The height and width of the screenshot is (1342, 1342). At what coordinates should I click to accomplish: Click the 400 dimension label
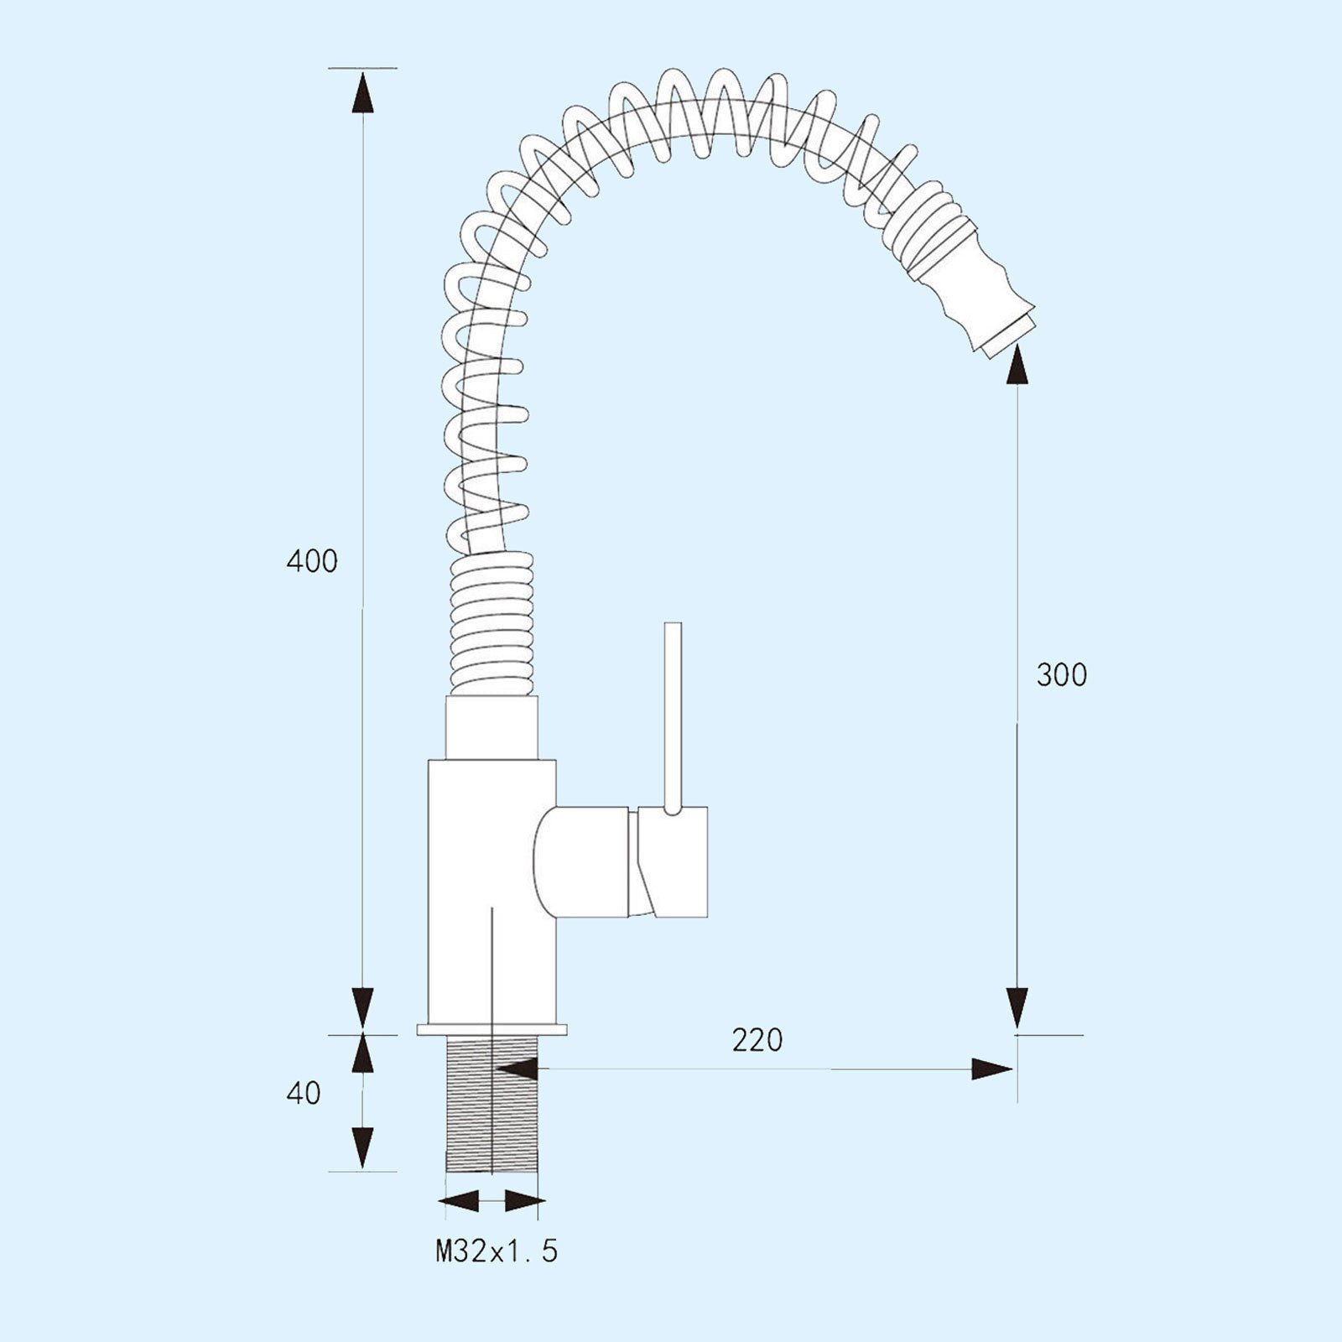coord(312,560)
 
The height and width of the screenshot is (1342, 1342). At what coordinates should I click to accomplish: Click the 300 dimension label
coord(1061,674)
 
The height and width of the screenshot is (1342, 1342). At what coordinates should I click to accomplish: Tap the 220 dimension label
coord(757,1040)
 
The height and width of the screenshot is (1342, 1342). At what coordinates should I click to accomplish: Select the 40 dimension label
coord(304,1093)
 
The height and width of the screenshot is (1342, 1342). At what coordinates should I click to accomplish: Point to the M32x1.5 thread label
coord(497,1251)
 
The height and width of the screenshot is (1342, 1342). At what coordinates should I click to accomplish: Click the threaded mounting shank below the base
coord(491,1104)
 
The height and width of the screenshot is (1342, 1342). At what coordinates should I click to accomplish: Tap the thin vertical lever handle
coord(673,718)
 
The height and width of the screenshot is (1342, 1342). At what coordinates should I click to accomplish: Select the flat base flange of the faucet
coord(492,1029)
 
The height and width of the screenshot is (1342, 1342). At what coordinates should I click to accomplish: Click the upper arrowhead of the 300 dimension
coord(1017,364)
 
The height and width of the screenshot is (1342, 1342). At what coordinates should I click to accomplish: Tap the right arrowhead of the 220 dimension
coord(991,1069)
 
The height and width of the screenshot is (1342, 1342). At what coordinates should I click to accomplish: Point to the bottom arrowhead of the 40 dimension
coord(362,1148)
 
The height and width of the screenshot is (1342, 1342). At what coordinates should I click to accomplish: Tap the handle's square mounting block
coord(673,861)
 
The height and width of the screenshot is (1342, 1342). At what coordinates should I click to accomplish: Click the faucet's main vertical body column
coord(492,892)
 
